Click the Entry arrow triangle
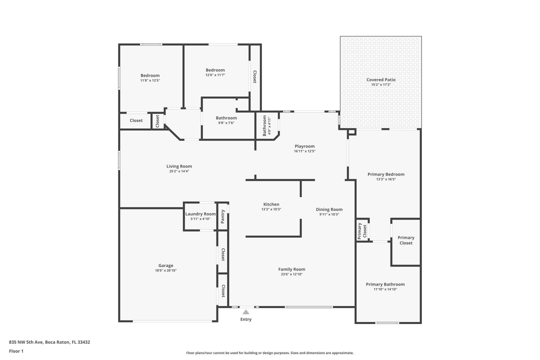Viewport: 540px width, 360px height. pos(246,312)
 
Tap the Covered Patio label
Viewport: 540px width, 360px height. pos(381,80)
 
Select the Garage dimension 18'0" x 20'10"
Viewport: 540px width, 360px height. pos(166,271)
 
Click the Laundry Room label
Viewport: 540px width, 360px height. pos(200,214)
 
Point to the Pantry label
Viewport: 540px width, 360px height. pos(223,217)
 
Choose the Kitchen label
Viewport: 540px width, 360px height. pos(271,204)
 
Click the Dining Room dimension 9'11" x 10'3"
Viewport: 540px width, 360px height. pos(329,214)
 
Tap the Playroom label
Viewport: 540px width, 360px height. pos(305,146)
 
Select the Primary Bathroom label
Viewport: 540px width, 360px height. pos(385,284)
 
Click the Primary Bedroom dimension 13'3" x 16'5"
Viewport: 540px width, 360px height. pos(386,179)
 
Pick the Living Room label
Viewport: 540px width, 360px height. pos(179,166)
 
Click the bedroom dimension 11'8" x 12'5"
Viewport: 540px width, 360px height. pos(150,80)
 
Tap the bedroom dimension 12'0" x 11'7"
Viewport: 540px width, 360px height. pos(215,75)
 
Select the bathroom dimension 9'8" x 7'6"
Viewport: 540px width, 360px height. pos(226,123)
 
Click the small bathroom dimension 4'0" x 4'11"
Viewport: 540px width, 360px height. pos(269,126)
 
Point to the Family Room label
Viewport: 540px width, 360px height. pos(292,269)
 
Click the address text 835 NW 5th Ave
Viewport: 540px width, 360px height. pos(26,342)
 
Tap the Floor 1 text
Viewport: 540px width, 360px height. pos(16,351)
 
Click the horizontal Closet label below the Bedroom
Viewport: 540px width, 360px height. pos(136,120)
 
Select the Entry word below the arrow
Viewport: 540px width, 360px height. pos(246,319)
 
